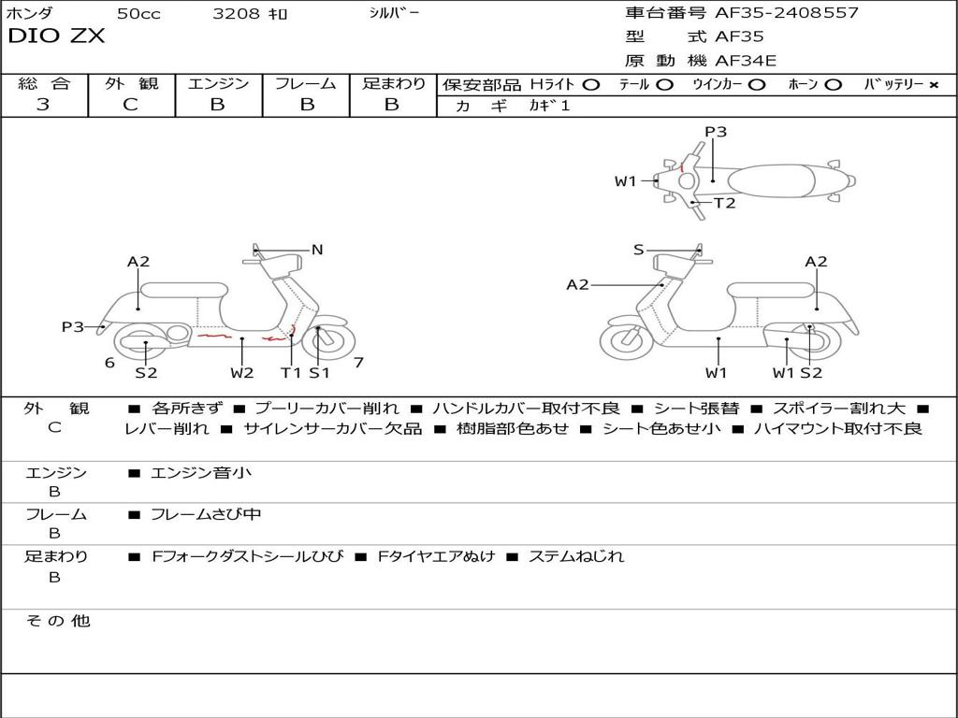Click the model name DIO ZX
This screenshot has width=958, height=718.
click(x=56, y=36)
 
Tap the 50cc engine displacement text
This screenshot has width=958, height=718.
click(x=138, y=14)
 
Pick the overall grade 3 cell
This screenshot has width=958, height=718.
click(x=43, y=105)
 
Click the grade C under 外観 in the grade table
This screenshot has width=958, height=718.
click(x=131, y=105)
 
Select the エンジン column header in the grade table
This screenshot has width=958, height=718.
click(x=218, y=83)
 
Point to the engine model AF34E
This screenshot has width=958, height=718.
click(x=746, y=61)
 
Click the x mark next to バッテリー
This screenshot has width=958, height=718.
click(x=934, y=84)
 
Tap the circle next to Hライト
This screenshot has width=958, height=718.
click(x=590, y=84)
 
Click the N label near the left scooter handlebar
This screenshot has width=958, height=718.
click(x=317, y=250)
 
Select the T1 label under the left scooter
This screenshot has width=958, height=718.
click(x=291, y=373)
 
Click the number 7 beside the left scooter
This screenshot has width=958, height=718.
click(x=359, y=362)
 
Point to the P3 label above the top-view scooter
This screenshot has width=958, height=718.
click(x=716, y=132)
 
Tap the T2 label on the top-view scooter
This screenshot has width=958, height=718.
click(x=725, y=203)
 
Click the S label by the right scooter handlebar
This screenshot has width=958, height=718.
click(x=639, y=250)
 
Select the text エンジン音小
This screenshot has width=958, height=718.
click(x=201, y=473)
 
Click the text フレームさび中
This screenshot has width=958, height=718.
click(x=206, y=514)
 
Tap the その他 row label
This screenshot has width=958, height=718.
click(x=57, y=621)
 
